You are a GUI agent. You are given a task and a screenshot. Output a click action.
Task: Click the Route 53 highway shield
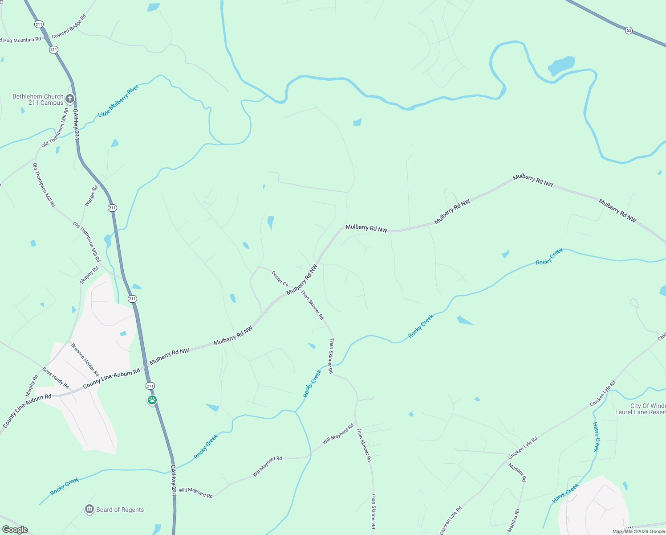[628, 30]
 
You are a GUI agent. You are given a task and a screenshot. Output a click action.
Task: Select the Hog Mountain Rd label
[21, 40]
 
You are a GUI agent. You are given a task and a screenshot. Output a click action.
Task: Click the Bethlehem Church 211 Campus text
[38, 99]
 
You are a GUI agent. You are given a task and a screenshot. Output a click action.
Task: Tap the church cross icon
[70, 99]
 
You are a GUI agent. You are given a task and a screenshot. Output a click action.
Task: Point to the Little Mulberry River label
[118, 101]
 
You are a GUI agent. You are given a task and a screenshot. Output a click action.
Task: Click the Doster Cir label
[280, 279]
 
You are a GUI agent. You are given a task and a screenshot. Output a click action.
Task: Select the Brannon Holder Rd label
[85, 359]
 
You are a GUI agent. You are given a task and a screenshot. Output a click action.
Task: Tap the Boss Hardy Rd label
[56, 378]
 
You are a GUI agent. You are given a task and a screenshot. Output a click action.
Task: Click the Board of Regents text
[120, 510]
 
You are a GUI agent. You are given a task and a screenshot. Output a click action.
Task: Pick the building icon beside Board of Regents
[89, 509]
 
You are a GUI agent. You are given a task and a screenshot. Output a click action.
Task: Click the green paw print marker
[152, 400]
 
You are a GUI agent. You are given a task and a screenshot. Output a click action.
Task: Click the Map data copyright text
[638, 531]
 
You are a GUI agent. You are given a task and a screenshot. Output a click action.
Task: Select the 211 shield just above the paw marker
[150, 386]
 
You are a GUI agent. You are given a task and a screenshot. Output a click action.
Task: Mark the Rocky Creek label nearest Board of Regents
[65, 486]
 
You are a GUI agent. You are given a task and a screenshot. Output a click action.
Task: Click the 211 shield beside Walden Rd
[112, 208]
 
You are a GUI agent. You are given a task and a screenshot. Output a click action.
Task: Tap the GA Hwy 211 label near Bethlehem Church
[76, 125]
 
